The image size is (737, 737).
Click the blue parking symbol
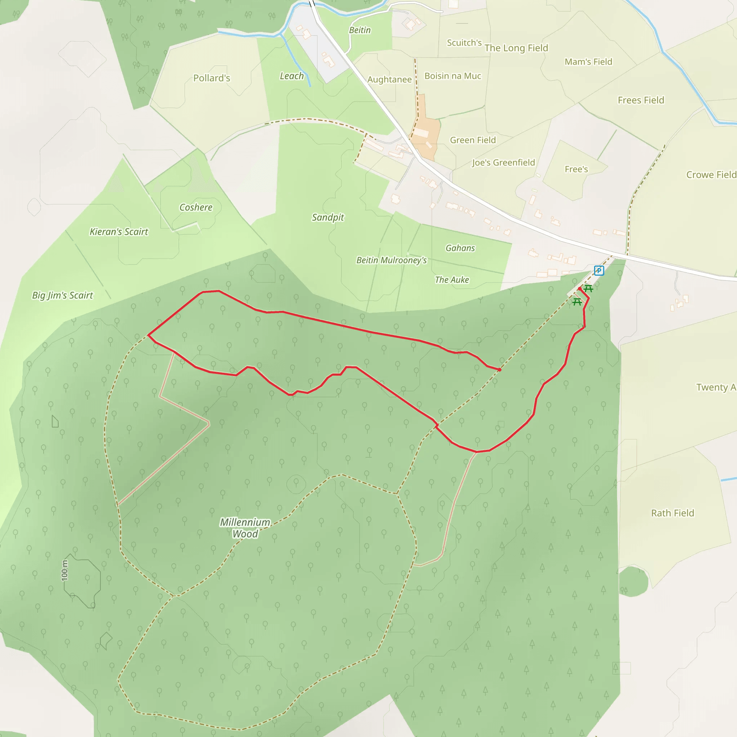pos(599,271)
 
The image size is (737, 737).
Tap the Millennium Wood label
pos(245,528)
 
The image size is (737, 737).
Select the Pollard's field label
pos(212,78)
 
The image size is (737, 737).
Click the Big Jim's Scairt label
pos(63,295)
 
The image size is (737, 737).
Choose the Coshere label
pos(196,207)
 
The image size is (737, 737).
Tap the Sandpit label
pos(328,217)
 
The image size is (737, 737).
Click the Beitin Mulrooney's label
pos(392,260)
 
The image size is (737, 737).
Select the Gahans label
pos(460,248)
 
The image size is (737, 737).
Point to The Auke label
pos(452,280)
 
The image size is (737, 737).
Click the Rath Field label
pos(673,513)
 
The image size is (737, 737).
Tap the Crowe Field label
pos(711,175)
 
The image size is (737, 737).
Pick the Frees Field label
pos(641,100)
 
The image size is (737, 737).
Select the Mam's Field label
pos(588,62)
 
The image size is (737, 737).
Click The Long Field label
pos(516,48)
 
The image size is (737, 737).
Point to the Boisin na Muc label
pos(453,76)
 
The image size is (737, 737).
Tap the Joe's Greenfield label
pos(503,163)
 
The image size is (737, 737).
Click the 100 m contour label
pos(65,570)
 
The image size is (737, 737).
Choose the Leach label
pos(292,76)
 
